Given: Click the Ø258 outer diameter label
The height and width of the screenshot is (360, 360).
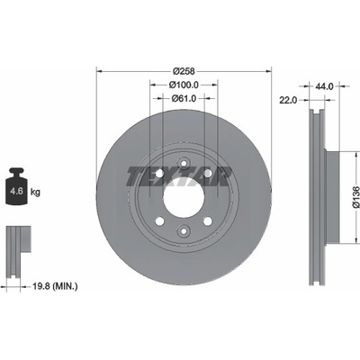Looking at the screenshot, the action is [x=184, y=71].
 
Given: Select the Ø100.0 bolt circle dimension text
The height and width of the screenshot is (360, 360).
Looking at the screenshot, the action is [x=184, y=85].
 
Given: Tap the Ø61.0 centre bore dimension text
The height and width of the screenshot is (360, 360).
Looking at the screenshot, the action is [x=184, y=98].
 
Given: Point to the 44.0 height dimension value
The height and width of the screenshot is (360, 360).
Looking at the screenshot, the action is [x=324, y=86].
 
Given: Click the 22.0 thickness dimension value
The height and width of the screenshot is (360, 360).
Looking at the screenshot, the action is [x=288, y=100].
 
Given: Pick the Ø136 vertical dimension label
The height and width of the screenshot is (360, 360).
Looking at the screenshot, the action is [x=355, y=197].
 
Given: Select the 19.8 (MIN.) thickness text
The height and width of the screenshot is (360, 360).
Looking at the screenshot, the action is [x=55, y=286].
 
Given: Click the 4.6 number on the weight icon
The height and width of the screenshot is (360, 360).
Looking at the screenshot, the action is [x=16, y=191].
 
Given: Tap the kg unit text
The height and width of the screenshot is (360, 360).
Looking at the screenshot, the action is [x=35, y=192].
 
